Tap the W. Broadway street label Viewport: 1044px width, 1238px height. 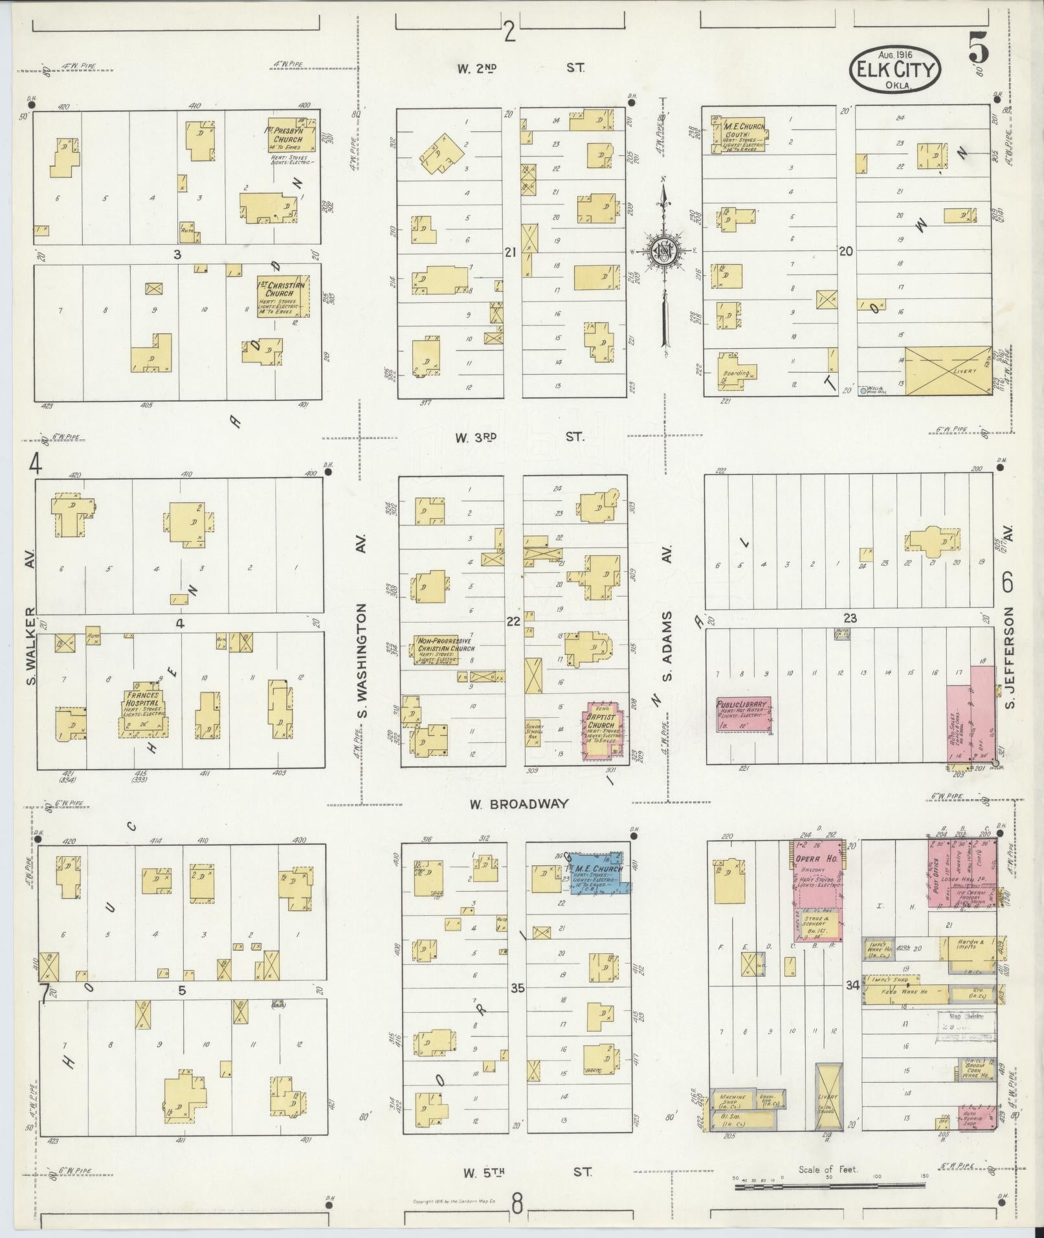pyautogui.click(x=518, y=804)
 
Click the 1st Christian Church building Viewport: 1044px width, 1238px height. pyautogui.click(x=283, y=296)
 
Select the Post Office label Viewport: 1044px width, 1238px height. pyautogui.click(x=935, y=874)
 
